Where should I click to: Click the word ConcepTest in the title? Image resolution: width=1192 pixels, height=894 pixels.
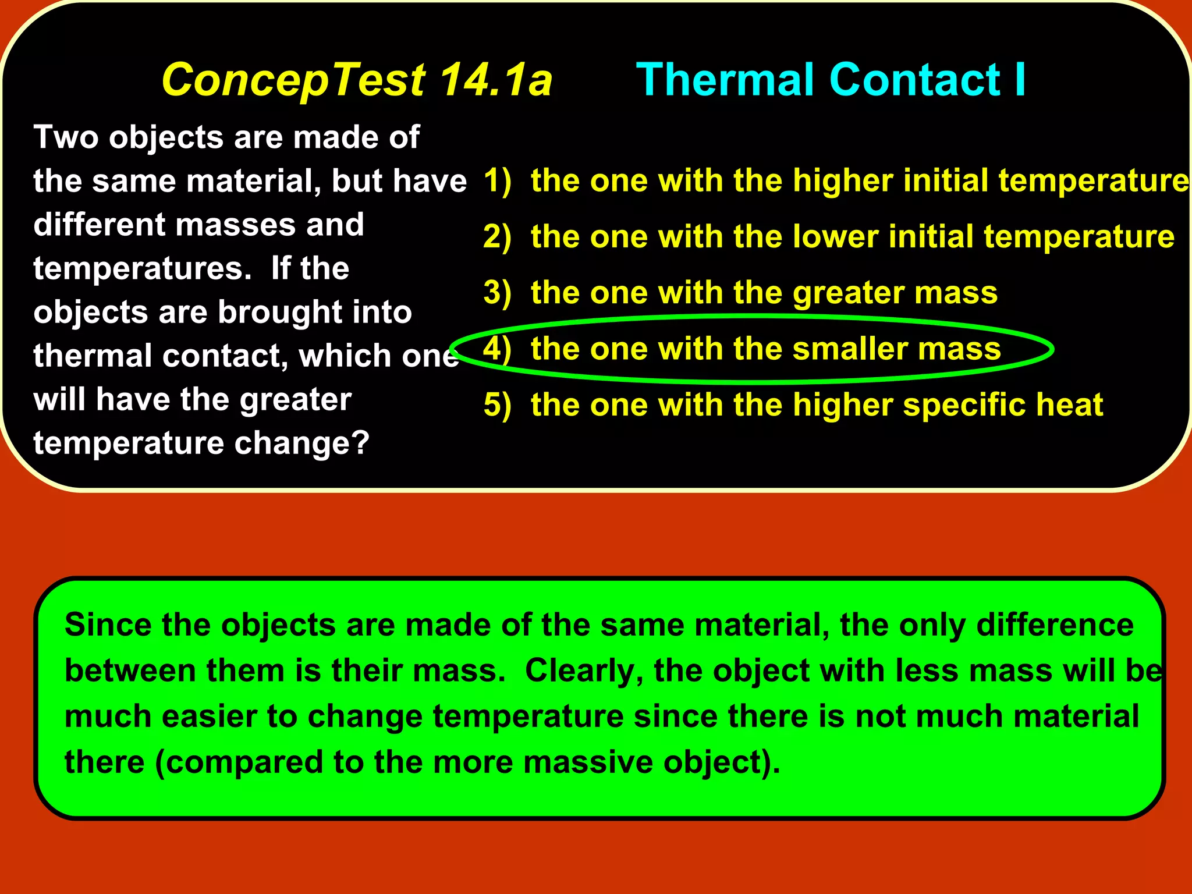click(x=294, y=80)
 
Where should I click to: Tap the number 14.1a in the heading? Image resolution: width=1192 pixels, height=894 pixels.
click(x=495, y=80)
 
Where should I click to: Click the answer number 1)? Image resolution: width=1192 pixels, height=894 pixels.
click(x=497, y=180)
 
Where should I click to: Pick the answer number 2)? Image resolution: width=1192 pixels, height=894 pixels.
click(x=497, y=237)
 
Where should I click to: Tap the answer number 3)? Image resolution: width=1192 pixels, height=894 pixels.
click(x=497, y=293)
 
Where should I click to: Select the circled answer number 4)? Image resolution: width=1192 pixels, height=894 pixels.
click(x=497, y=349)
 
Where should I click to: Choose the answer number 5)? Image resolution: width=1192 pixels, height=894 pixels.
click(x=497, y=405)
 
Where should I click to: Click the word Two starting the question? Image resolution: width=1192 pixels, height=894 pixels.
click(x=66, y=137)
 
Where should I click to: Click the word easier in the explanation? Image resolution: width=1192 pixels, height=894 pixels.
click(x=209, y=716)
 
